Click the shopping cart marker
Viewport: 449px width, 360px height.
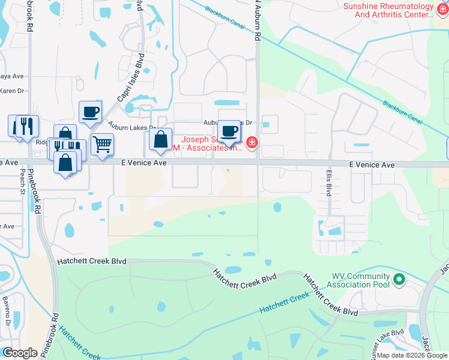pos(103,144)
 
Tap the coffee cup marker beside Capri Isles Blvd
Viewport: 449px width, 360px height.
pos(90,112)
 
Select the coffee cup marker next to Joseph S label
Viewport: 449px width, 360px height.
pos(228,131)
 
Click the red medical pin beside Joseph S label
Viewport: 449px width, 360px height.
pos(252,143)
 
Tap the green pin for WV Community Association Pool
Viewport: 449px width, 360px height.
pos(398,280)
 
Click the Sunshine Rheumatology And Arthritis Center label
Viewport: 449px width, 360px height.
pos(388,10)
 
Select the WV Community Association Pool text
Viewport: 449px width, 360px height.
pos(361,280)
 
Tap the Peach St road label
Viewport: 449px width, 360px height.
pos(22,179)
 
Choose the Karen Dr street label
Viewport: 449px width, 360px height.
pos(12,91)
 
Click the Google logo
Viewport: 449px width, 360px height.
pos(20,352)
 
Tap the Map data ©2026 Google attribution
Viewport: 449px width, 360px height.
pos(412,355)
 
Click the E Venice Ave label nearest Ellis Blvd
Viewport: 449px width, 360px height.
pos(372,164)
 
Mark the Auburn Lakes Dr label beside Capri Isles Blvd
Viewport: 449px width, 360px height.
pos(132,127)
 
